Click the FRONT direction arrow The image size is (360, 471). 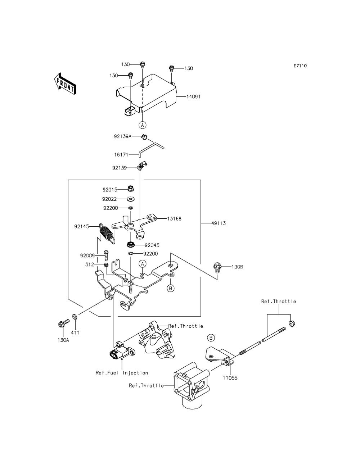64,84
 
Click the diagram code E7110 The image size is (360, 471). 300,66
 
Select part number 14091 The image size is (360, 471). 193,96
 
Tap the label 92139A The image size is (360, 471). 122,136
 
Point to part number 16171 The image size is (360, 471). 121,155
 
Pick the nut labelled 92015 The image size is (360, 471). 131,189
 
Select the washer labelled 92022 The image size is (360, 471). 131,199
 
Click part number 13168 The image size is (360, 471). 174,219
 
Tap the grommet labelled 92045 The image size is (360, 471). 130,244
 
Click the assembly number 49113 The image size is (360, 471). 219,223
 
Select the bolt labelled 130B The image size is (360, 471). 217,267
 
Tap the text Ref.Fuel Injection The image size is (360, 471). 122,373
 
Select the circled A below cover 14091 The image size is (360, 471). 143,124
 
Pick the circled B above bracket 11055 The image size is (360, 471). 211,338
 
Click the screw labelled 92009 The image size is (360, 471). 106,255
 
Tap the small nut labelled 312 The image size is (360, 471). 106,265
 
